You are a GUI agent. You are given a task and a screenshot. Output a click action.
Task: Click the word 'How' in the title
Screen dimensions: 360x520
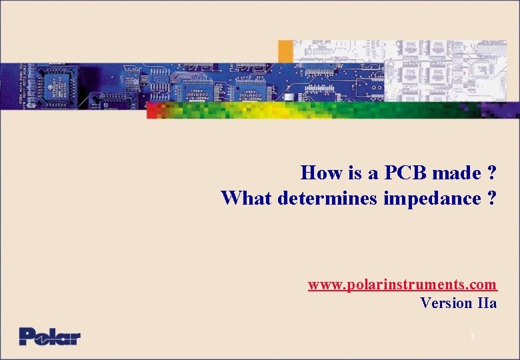[321, 173]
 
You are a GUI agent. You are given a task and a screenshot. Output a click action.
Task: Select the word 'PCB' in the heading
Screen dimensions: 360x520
[403, 173]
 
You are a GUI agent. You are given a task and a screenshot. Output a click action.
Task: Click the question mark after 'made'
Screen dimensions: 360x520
[491, 173]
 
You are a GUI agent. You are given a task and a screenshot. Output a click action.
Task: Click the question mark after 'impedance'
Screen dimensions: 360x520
[491, 198]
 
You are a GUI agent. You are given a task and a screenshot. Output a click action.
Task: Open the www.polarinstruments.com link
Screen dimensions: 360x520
[402, 285]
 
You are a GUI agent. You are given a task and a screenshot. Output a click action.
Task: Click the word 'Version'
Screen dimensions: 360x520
[446, 303]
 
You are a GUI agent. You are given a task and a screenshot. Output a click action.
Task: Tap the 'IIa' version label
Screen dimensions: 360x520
[487, 303]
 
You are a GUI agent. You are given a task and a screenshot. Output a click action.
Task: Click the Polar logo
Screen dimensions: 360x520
[49, 336]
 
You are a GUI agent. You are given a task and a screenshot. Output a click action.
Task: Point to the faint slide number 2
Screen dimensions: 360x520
[473, 337]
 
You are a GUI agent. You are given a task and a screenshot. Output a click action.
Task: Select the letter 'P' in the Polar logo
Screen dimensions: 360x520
[27, 336]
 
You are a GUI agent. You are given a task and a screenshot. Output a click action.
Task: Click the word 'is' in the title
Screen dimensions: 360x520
[354, 173]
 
